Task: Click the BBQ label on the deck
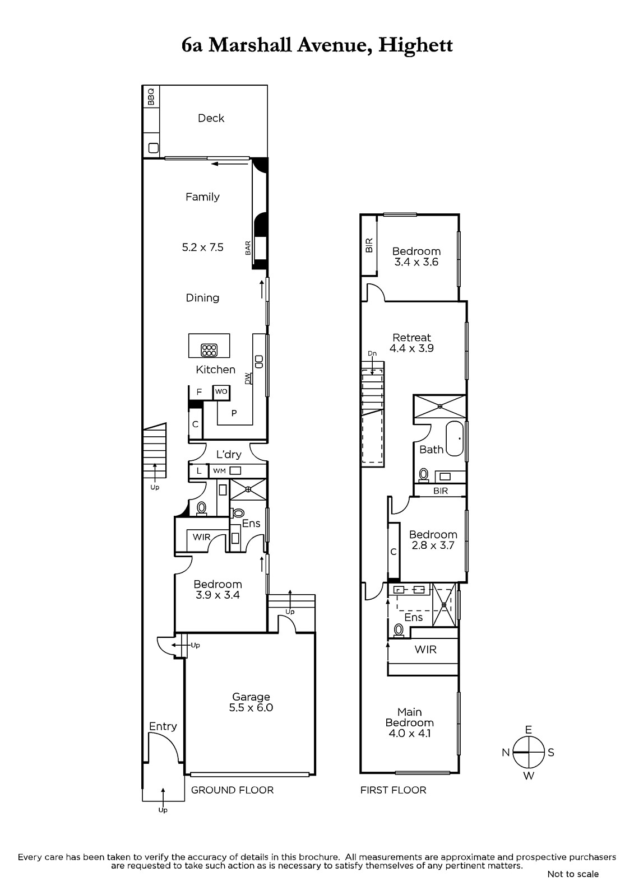151,97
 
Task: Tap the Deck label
211,118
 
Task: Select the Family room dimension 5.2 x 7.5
203,247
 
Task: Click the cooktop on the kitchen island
209,350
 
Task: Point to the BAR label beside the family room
248,248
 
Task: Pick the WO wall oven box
221,392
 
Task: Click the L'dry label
229,454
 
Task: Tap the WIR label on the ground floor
201,537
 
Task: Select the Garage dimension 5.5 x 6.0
251,708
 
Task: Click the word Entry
163,726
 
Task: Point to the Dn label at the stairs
372,353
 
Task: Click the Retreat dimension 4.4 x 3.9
411,348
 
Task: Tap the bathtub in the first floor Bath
455,438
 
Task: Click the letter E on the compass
528,730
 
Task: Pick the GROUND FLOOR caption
232,790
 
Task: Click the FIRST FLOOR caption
394,790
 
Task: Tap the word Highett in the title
416,45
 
